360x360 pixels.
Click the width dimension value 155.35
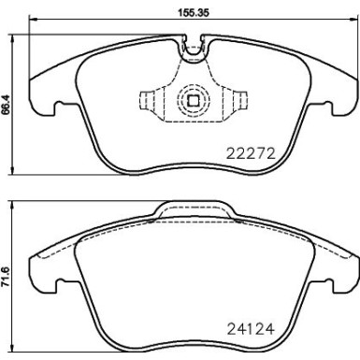tap(194, 14)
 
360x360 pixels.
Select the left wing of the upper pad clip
tap(151, 99)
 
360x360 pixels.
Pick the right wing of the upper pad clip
tap(238, 99)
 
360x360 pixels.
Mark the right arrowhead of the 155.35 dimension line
tap(355, 23)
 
